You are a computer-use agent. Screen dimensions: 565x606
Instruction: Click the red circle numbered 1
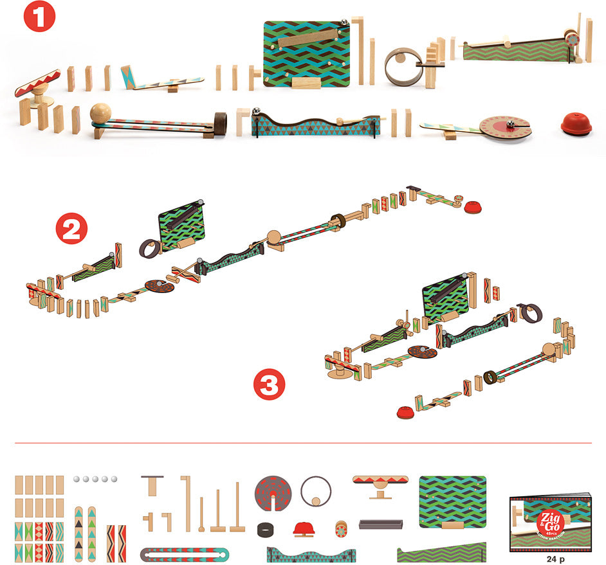39,17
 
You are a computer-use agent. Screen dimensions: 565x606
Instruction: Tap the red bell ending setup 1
576,125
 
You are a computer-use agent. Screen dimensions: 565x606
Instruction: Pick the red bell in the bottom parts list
306,529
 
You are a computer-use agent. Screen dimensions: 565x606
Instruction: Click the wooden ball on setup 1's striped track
100,114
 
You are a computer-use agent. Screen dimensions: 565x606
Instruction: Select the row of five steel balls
95,479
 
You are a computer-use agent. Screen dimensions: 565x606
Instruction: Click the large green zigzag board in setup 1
307,55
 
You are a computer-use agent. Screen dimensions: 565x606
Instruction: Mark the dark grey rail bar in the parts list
380,525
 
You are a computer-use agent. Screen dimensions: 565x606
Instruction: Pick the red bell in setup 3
405,412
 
